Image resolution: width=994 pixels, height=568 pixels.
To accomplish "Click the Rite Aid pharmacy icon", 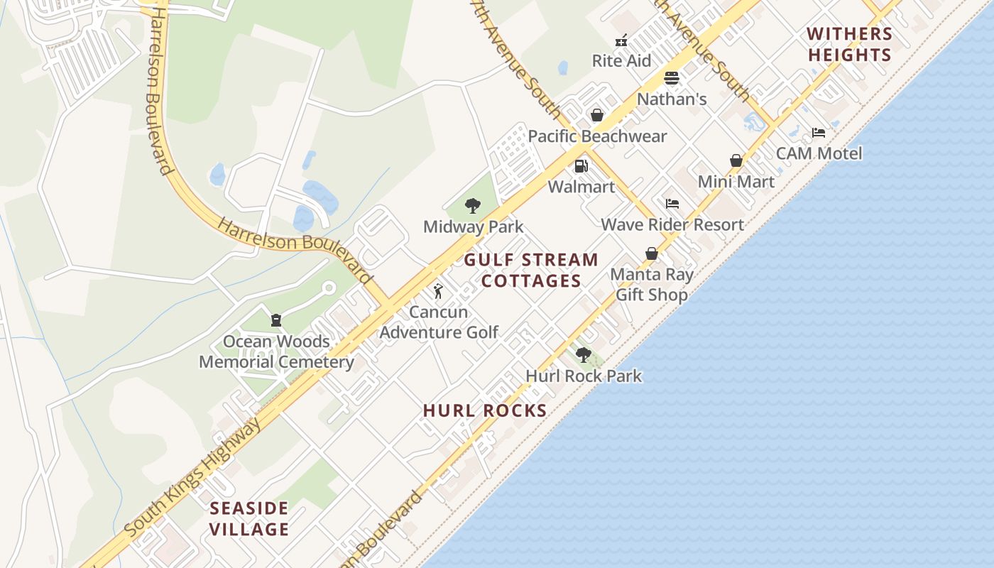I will [x=621, y=40].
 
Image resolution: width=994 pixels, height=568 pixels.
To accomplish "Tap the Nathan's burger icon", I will [x=672, y=78].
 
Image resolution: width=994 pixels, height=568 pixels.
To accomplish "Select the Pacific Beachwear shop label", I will [x=597, y=136].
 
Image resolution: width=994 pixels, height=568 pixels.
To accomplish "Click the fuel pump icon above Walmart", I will [x=581, y=166].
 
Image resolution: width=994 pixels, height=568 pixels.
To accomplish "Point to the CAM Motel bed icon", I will [x=819, y=133].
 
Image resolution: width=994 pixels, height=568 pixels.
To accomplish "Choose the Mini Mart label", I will [x=736, y=182].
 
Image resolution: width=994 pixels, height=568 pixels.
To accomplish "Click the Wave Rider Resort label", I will [x=672, y=225].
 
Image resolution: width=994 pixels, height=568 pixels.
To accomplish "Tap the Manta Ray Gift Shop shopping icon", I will [x=651, y=253].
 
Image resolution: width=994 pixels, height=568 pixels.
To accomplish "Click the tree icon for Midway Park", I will [x=472, y=207].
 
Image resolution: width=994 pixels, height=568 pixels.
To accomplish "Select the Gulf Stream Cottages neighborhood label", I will [x=531, y=271].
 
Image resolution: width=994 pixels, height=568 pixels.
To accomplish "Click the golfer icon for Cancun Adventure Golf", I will [x=438, y=291].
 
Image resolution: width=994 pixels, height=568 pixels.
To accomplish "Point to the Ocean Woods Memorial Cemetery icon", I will [x=276, y=321].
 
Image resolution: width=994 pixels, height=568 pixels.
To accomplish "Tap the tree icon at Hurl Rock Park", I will [x=584, y=355].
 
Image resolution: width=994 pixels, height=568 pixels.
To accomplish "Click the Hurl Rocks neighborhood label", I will [x=485, y=410].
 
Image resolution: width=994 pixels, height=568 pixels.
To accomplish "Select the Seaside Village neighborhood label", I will [x=249, y=518].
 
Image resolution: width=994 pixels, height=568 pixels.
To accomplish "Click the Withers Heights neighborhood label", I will [x=849, y=44].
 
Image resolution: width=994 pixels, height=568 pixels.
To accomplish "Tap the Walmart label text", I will [x=581, y=187].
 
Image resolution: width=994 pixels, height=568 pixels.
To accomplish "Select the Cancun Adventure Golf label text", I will [x=439, y=322].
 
